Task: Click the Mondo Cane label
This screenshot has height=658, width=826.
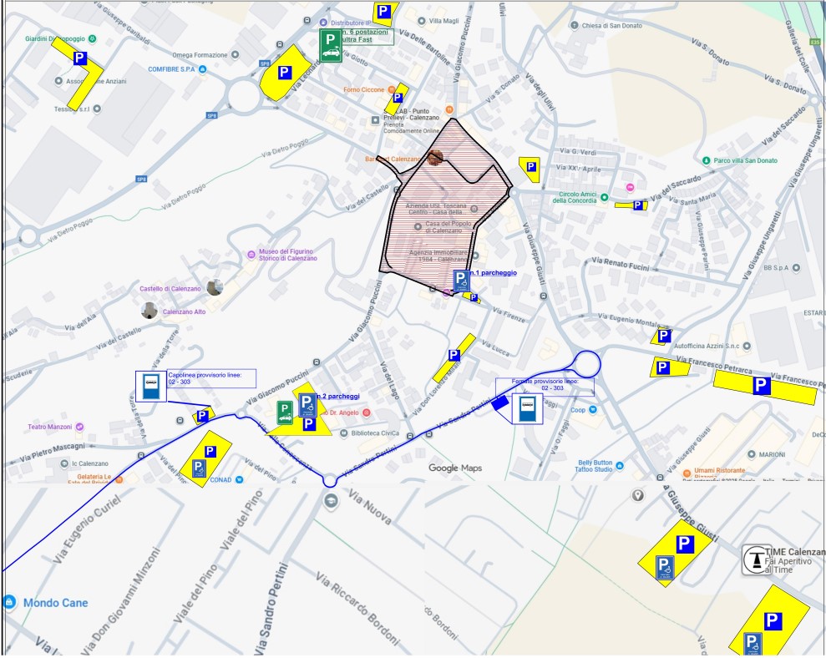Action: (55, 603)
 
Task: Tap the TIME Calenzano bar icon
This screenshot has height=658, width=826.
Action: (756, 559)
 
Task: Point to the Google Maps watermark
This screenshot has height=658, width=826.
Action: (455, 468)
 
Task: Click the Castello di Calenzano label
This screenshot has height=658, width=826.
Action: (170, 289)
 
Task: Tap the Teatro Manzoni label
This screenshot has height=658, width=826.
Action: (50, 427)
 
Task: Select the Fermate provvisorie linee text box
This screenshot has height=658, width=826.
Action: (545, 385)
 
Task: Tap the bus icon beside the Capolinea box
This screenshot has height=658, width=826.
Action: (151, 387)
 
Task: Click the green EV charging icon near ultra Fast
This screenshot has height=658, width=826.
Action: (331, 46)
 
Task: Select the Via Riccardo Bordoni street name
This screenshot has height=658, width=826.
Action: (355, 606)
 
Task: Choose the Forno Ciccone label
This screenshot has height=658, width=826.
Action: (363, 89)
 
